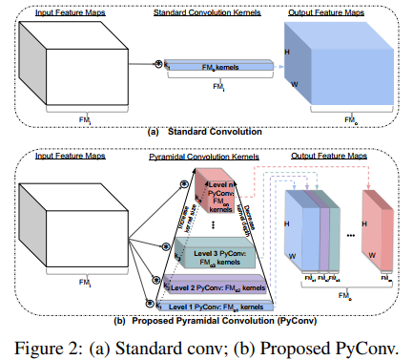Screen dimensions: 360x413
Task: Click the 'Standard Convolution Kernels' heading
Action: [x=204, y=11]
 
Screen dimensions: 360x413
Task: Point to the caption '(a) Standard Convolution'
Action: [x=204, y=133]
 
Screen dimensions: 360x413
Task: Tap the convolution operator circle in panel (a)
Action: [x=158, y=62]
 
